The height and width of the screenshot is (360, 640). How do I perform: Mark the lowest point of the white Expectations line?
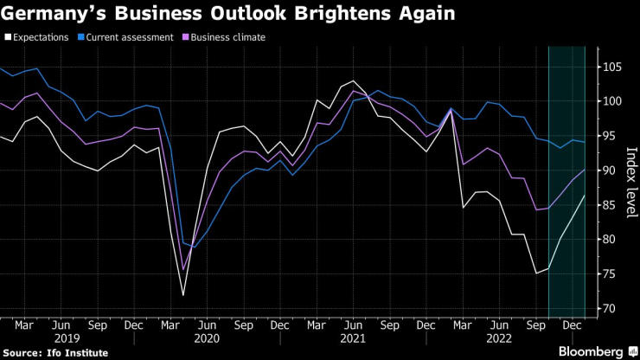[x=182, y=295]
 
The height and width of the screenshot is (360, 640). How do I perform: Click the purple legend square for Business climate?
[x=186, y=36]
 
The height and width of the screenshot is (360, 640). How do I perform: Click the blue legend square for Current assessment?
[x=80, y=36]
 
